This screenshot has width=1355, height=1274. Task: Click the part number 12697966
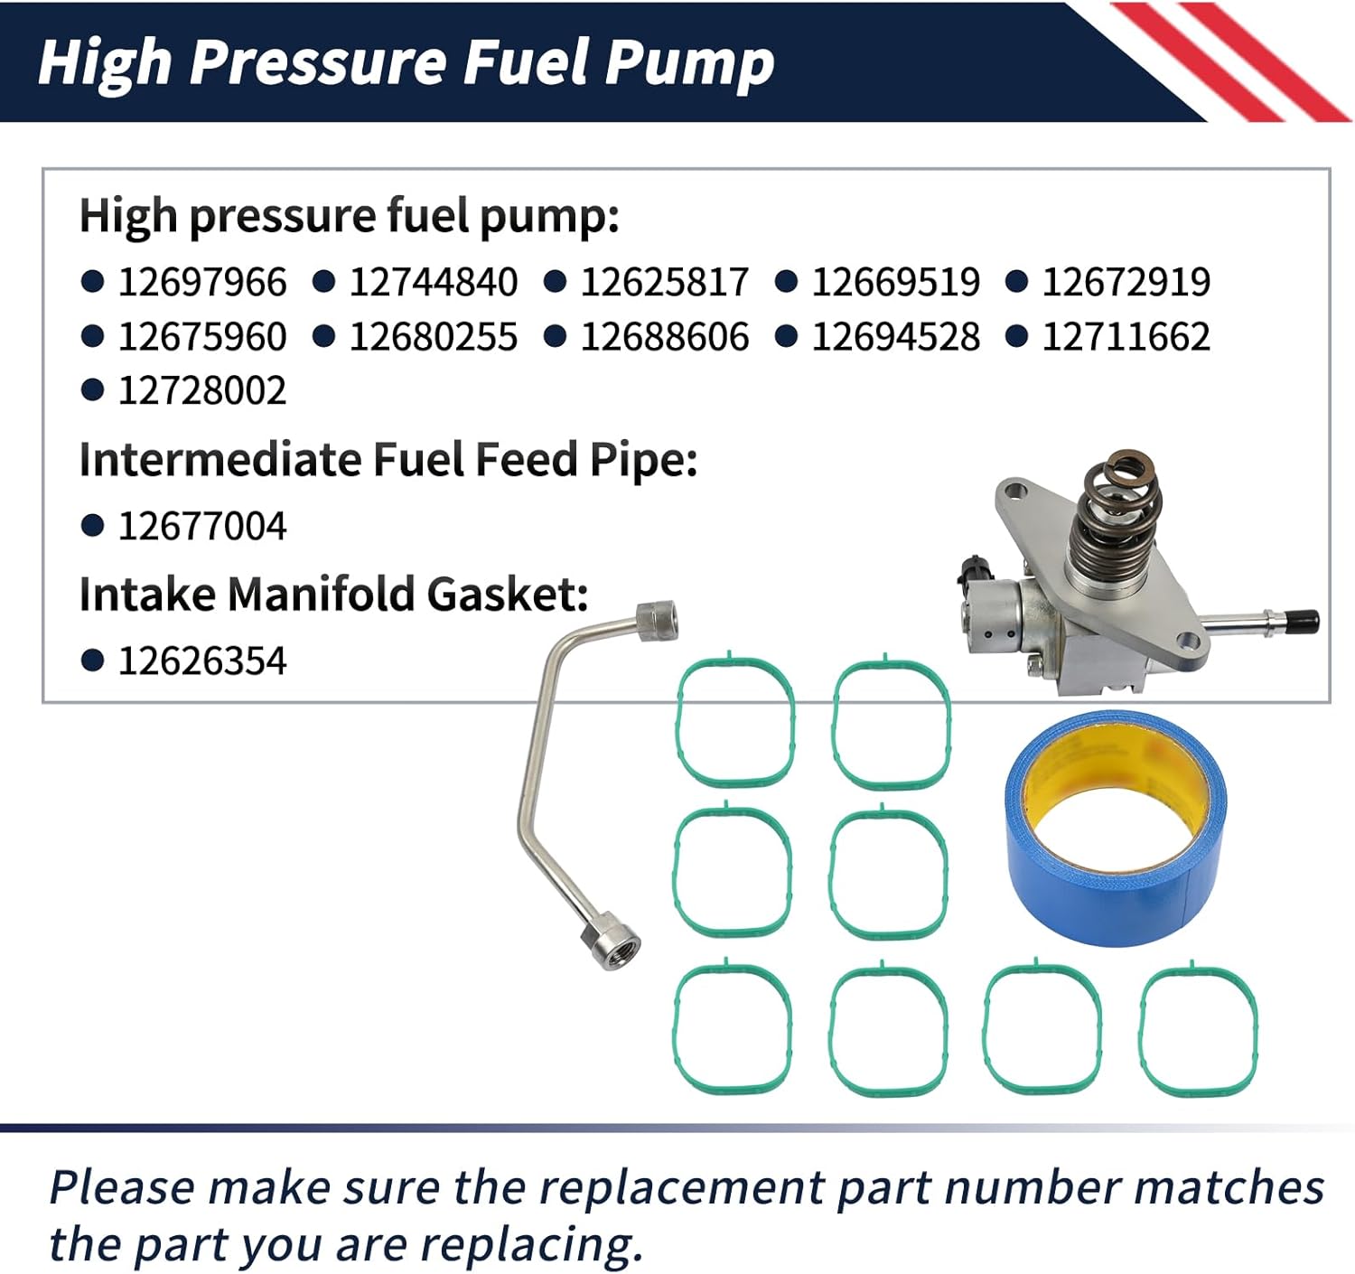coord(201,282)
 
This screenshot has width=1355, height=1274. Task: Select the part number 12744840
coord(433,282)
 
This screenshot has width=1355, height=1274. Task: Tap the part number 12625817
coord(664,282)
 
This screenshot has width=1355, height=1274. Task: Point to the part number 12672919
coord(1126,282)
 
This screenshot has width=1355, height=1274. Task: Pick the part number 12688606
coord(664,337)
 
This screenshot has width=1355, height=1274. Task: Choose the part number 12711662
coord(1126,337)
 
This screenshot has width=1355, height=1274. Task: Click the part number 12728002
coord(201,391)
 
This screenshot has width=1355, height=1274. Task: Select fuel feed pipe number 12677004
coord(201,526)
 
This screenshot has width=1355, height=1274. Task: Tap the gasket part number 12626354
coord(201,661)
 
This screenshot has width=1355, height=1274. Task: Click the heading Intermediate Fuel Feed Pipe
coord(388,460)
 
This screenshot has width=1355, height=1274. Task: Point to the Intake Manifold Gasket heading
coord(333,595)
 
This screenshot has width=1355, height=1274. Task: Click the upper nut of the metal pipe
coord(656,620)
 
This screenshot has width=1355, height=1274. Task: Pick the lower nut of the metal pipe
coord(610,943)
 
